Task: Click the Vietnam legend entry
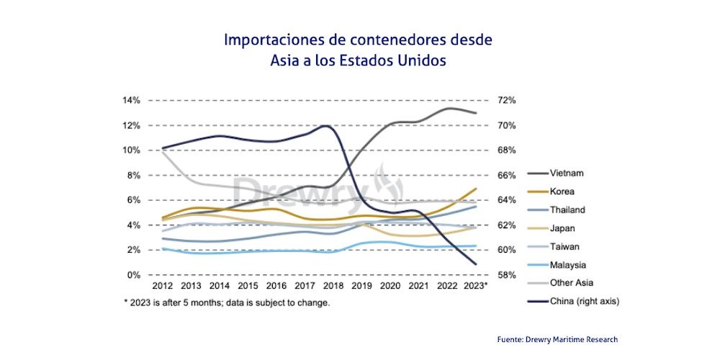pos(566,174)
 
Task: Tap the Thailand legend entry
pos(567,210)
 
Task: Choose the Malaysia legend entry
pos(567,265)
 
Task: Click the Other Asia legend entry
pos(571,283)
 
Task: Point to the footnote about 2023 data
pos(227,303)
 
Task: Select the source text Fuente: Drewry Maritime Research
pos(557,339)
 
